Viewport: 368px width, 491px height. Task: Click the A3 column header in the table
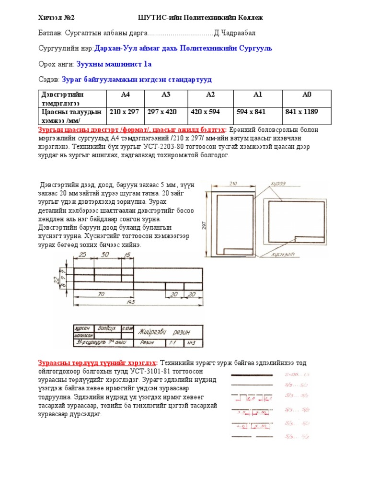point(166,94)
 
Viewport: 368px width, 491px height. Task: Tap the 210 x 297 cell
point(124,112)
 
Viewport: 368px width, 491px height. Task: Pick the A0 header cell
point(307,94)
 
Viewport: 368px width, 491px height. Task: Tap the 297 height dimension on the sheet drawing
point(204,224)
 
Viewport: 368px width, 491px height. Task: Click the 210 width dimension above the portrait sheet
point(233,183)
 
